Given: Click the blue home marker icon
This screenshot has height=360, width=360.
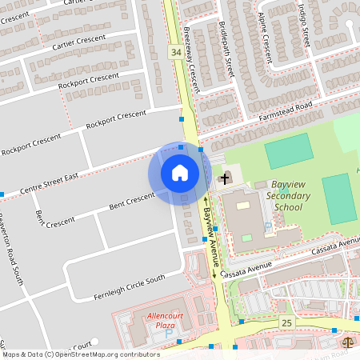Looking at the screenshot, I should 179,173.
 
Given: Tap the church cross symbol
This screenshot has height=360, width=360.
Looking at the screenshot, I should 226,177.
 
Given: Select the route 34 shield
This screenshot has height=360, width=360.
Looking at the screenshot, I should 175,52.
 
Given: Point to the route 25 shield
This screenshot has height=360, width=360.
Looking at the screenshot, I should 287,322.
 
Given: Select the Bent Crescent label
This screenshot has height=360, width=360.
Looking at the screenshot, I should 131,202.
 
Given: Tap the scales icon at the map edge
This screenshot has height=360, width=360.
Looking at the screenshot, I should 349,341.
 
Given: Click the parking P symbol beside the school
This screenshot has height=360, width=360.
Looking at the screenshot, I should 268,227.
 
